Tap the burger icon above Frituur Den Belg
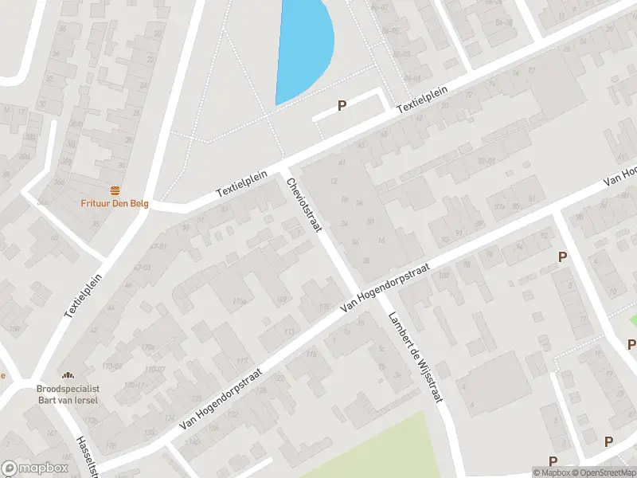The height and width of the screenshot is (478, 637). point(117,190)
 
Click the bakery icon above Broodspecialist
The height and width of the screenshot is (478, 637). point(68,375)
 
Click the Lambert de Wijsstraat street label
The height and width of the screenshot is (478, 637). point(414,358)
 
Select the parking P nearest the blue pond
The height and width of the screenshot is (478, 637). point(342,105)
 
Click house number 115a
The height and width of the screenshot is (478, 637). point(238,302)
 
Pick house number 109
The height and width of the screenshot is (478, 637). point(280,299)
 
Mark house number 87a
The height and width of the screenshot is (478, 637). point(500,207)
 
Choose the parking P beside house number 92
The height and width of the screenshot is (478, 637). point(562,257)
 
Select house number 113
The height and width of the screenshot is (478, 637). point(290,332)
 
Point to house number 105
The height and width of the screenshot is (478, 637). point(323,307)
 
